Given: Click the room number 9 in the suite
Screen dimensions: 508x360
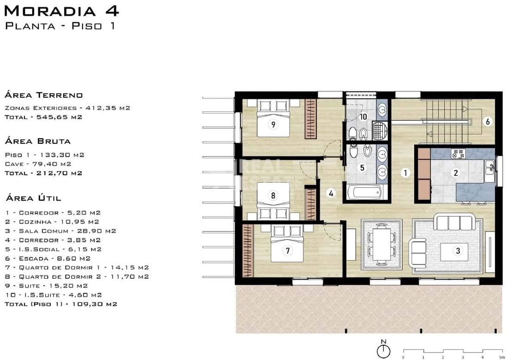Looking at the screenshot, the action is [273, 124].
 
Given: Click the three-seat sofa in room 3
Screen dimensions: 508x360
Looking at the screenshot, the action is [454, 222].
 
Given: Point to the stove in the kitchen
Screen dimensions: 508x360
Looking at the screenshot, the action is [459, 153].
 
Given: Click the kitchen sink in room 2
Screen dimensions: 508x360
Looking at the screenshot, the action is [490, 167].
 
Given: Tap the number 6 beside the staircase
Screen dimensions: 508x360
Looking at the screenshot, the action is [488, 121].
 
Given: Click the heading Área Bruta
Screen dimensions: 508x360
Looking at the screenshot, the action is [37, 141].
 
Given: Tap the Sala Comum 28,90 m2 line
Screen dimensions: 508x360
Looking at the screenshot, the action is [60, 231].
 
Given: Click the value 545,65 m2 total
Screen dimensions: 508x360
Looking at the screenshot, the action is [59, 117].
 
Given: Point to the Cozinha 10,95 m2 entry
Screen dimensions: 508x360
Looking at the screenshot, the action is [52, 222].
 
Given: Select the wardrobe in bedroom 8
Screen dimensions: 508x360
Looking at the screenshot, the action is [311, 204].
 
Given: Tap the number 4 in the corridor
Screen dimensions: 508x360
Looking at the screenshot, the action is [331, 193].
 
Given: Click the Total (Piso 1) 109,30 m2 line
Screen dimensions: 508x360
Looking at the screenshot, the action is [61, 304].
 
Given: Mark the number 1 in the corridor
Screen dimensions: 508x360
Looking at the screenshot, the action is [405, 173].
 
